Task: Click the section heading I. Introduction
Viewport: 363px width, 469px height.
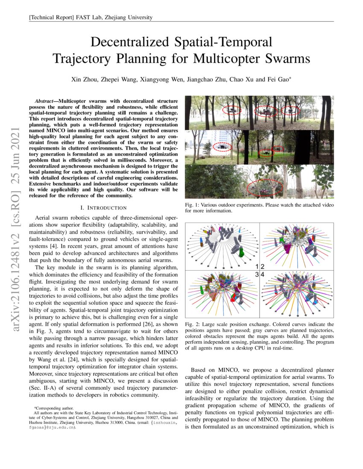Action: [103, 208]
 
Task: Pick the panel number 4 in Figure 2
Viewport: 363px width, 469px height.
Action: [263, 275]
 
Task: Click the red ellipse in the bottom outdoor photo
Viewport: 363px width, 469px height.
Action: [265, 187]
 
